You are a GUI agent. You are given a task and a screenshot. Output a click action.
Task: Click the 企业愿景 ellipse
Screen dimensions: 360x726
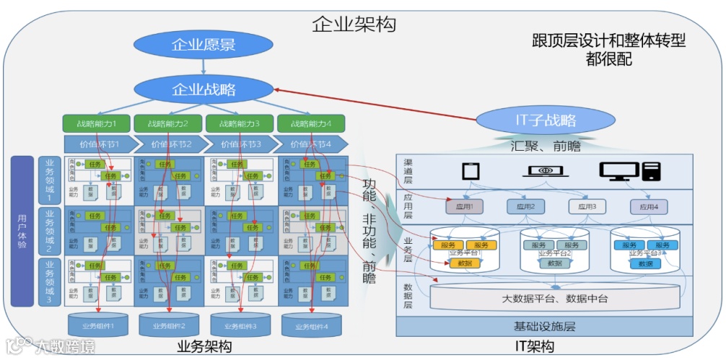[203, 45]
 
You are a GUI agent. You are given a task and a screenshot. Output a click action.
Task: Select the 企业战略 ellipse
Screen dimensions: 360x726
[203, 90]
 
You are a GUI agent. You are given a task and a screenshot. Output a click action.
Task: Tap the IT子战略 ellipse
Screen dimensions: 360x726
[546, 120]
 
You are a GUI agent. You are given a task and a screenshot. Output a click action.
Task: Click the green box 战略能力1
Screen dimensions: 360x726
[97, 123]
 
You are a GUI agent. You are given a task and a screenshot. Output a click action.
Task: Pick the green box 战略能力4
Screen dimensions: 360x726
[310, 123]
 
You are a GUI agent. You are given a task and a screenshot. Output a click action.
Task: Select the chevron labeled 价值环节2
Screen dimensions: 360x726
[167, 144]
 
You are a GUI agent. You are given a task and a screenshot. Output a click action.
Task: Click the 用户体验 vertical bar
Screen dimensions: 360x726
[22, 230]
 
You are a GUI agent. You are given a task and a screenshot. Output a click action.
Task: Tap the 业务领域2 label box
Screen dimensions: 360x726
[50, 230]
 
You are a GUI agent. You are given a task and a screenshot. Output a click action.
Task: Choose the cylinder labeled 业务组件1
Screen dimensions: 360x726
[97, 325]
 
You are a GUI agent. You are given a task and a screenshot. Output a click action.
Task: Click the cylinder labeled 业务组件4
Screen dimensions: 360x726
[311, 326]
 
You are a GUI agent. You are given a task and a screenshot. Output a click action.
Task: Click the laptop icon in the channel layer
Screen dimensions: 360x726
[541, 171]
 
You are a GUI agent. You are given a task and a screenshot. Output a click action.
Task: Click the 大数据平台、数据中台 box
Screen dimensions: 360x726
[554, 297]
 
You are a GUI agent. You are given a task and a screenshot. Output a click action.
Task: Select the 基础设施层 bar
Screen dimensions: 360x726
[544, 326]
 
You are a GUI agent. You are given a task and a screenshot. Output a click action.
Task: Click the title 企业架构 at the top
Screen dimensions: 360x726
[354, 24]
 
